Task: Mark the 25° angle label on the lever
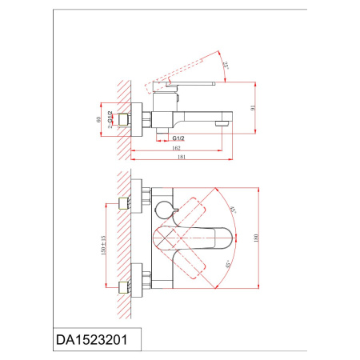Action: (x=227, y=63)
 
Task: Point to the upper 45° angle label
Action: (x=230, y=210)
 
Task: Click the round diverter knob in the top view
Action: (x=165, y=210)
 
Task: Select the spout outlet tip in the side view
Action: (x=225, y=124)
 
